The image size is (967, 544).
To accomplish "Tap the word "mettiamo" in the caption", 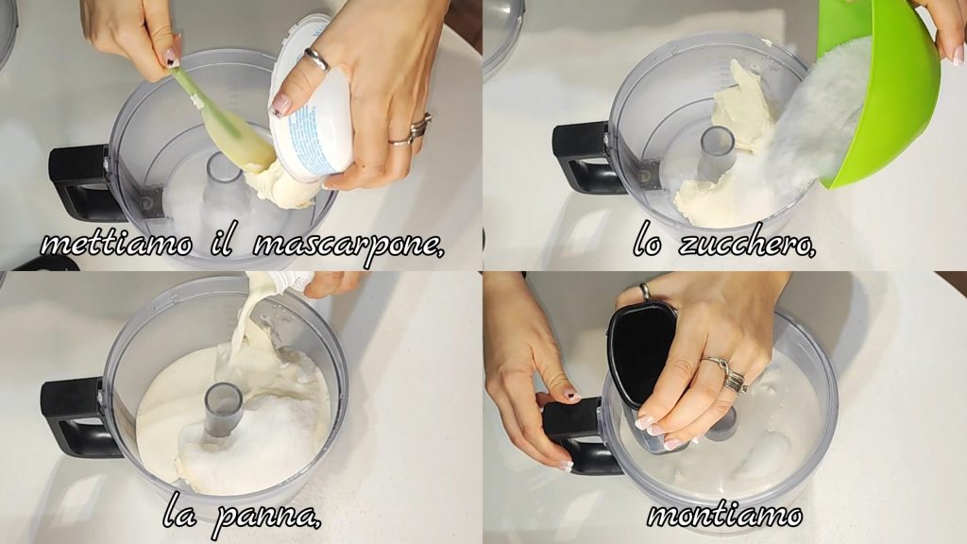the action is [x=117, y=245].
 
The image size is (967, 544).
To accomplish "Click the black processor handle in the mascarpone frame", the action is [x=80, y=182].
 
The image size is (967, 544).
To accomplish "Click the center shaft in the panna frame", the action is [x=223, y=407].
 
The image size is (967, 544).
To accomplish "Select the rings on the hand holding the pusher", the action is [x=728, y=373].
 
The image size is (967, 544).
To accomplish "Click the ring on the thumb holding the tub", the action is [x=316, y=59].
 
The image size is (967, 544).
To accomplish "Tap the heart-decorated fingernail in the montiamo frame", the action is [x=571, y=395].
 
